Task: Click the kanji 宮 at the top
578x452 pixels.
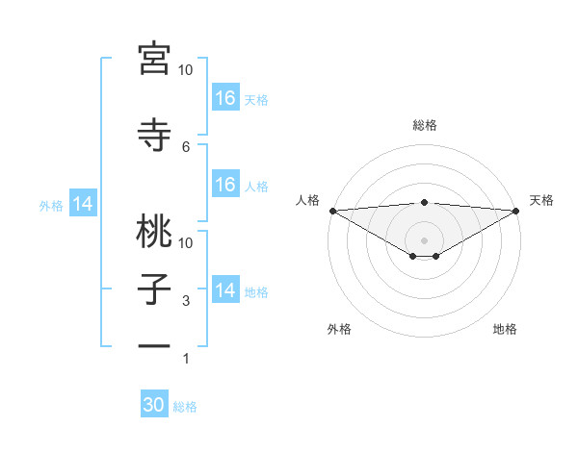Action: tap(154, 59)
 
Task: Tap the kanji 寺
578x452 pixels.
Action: tap(154, 135)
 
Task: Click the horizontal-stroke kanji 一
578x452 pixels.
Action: tap(154, 347)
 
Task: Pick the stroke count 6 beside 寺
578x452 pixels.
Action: tap(186, 146)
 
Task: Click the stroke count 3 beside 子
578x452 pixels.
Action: tap(186, 301)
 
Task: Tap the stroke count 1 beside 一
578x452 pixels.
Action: tap(186, 359)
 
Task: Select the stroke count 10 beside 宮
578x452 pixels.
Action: tap(186, 70)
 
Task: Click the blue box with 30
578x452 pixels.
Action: tap(154, 406)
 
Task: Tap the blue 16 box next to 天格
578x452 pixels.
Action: tap(224, 98)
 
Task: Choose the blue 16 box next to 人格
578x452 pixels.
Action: tap(224, 185)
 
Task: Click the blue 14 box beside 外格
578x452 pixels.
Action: tap(83, 204)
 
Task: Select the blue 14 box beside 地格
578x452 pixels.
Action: tap(224, 290)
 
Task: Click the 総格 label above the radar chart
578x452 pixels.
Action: tap(424, 125)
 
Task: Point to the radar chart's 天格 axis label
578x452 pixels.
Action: tap(542, 200)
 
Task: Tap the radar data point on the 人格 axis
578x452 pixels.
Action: tap(332, 210)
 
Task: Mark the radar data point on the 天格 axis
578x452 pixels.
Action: tap(515, 210)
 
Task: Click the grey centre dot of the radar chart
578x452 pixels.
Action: tap(424, 239)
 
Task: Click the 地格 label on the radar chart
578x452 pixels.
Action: tap(505, 329)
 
